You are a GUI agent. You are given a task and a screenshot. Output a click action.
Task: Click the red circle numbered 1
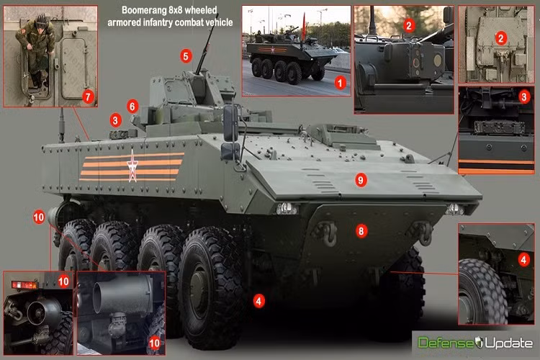tap(341, 83)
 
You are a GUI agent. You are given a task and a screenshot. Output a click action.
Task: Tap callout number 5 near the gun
tap(186, 56)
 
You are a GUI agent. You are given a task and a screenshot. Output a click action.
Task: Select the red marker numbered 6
tap(132, 107)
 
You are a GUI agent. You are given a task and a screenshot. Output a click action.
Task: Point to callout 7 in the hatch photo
tap(88, 96)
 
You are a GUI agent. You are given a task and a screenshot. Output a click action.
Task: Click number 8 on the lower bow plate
tap(361, 231)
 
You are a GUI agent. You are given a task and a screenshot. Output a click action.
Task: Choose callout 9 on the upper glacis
tap(361, 180)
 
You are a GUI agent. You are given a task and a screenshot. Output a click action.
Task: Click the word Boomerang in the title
tap(145, 10)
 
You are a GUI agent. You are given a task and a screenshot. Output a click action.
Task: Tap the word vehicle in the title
tap(220, 22)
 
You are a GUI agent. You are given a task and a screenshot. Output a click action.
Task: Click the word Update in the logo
tap(509, 343)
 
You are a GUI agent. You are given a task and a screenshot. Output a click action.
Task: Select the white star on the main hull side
tap(132, 166)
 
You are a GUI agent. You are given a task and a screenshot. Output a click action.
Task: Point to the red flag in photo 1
tap(304, 27)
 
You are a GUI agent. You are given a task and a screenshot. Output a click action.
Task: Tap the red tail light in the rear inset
tap(24, 284)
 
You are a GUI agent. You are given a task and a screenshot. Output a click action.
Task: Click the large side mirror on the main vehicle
tap(230, 123)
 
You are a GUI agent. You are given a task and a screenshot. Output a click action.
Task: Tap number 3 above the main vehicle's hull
tap(115, 120)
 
